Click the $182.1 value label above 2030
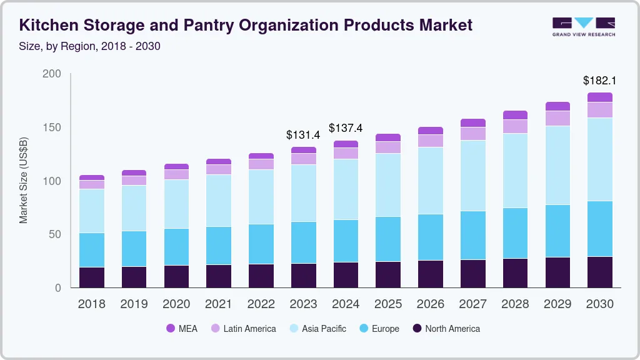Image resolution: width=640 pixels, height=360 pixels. [x=599, y=81]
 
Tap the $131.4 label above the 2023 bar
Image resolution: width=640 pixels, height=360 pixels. [x=303, y=134]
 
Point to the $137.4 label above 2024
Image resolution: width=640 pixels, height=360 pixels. [x=346, y=128]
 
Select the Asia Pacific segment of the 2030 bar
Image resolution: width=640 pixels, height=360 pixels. [x=599, y=159]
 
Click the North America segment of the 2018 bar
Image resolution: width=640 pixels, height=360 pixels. [x=92, y=277]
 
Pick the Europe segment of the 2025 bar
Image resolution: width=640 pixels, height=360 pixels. [x=388, y=239]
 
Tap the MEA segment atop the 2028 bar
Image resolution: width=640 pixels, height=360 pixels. [x=515, y=115]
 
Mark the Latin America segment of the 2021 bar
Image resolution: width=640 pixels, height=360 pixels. [x=219, y=169]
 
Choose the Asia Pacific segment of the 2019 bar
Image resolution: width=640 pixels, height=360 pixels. [x=134, y=208]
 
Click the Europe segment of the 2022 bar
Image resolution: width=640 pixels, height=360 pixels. [x=261, y=244]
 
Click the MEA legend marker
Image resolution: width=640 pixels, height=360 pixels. [x=171, y=329]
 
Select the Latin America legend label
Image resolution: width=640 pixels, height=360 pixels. [x=249, y=329]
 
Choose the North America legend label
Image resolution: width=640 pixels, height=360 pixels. [x=452, y=329]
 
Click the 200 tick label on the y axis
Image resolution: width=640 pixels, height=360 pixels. [x=51, y=74]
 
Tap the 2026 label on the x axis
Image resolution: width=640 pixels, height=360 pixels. [x=431, y=304]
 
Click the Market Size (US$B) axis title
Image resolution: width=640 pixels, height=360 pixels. [x=24, y=181]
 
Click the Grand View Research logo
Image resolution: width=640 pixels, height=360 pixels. [x=583, y=26]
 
